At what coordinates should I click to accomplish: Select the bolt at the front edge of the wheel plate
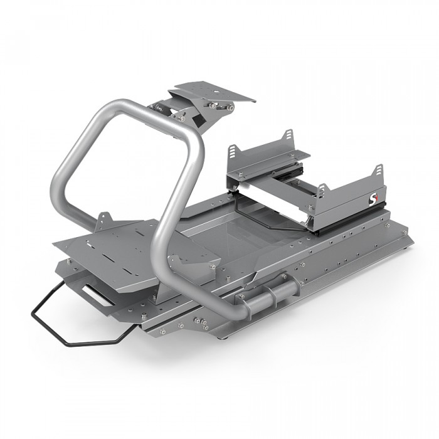click(230, 108)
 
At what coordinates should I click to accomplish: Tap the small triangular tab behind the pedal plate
click(103, 221)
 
